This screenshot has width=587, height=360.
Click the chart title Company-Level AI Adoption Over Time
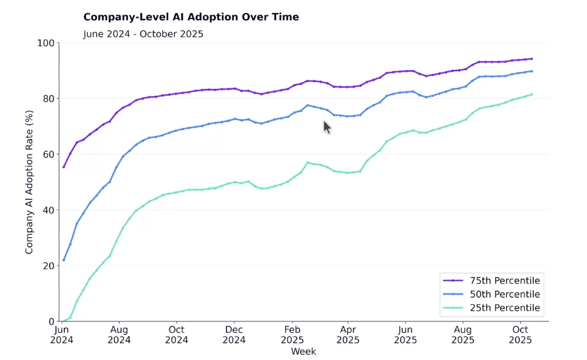(x=191, y=17)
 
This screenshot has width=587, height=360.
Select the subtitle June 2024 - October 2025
(x=143, y=34)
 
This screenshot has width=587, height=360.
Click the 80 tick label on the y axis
(x=48, y=99)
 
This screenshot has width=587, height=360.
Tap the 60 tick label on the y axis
(x=48, y=155)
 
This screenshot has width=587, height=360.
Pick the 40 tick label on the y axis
(x=48, y=210)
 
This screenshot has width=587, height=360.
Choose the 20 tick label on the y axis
(x=48, y=266)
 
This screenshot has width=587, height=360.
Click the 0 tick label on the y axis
(x=52, y=321)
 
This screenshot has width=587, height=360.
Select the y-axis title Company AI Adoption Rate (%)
(x=29, y=182)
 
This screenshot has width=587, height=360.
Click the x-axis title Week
(x=304, y=352)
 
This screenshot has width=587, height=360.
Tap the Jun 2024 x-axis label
(x=62, y=335)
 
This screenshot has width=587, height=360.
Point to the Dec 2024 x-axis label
(x=234, y=335)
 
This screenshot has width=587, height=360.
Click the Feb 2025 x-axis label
(x=292, y=335)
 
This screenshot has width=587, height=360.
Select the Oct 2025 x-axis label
(x=520, y=335)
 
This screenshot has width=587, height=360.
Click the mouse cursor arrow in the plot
(x=327, y=127)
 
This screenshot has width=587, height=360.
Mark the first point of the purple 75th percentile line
(x=64, y=167)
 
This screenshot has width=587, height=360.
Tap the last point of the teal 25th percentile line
(x=531, y=94)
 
